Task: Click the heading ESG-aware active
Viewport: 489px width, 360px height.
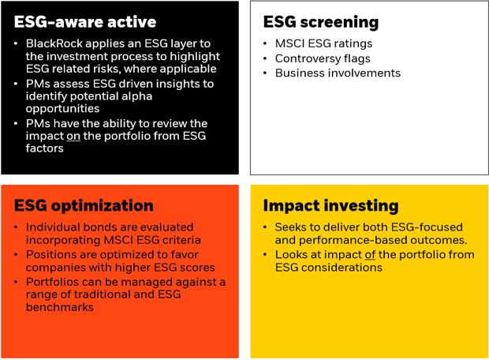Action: pos(85,22)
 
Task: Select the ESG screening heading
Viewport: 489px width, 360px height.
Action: pos(321,22)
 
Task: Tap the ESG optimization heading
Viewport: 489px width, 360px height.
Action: pos(84,206)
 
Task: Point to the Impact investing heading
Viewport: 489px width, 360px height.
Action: pos(330,206)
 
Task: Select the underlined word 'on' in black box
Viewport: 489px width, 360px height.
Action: pos(73,136)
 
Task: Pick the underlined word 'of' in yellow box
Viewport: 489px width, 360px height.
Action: pos(370,255)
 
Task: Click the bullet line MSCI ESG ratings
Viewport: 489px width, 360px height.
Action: pos(323,43)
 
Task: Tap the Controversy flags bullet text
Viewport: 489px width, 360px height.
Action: pos(323,58)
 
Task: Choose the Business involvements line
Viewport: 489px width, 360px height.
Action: pos(338,73)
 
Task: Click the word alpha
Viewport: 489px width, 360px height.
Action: pos(137,96)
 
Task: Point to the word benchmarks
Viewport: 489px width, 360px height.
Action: pos(60,307)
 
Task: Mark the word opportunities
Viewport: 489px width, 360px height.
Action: pos(62,109)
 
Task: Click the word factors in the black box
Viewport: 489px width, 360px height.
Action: pos(45,148)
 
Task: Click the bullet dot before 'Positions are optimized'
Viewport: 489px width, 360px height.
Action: pos(16,255)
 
